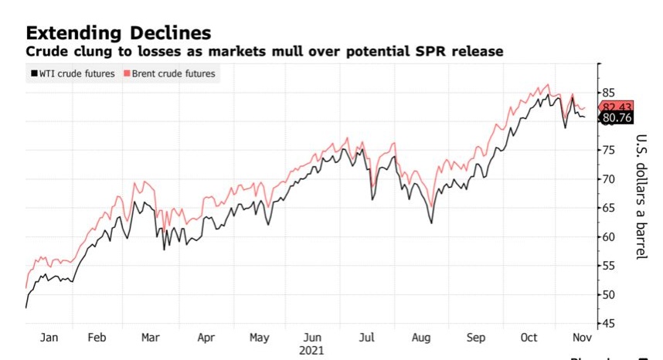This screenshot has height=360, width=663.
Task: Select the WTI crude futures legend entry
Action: tap(72, 73)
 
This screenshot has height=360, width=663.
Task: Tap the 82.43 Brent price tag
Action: tap(617, 107)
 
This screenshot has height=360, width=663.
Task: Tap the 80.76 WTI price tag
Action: tap(617, 118)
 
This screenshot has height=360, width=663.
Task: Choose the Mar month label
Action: tap(151, 338)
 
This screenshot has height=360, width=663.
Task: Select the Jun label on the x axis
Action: tap(313, 338)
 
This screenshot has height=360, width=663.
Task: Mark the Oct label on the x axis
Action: tap(529, 338)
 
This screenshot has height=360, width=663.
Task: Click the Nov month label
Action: tap(581, 338)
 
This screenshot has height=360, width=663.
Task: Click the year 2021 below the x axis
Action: tap(313, 351)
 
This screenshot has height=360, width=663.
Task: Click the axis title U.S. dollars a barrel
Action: tap(641, 197)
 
